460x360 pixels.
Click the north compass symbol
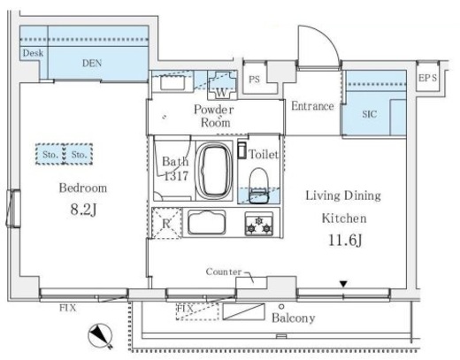101,336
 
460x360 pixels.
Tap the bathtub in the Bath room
214,171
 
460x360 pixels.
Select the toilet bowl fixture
259,186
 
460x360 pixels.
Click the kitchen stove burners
259,224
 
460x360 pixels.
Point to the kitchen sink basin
206,222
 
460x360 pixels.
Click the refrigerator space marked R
166,223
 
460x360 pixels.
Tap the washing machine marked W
222,85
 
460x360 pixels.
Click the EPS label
427,78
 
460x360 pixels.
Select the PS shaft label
254,80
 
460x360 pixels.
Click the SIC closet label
369,114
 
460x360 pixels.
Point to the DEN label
92,63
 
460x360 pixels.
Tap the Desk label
33,53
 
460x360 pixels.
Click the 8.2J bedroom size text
83,210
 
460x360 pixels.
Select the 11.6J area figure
345,241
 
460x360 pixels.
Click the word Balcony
294,318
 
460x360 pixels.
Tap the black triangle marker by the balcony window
343,284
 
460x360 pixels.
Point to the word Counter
223,272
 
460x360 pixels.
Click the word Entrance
312,106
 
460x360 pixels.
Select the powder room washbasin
172,82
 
